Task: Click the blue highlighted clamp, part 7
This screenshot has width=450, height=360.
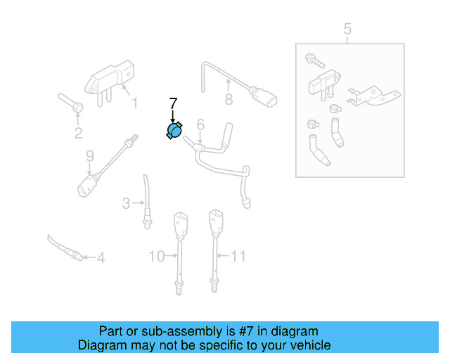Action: [174, 131]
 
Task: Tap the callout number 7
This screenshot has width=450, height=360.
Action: [173, 103]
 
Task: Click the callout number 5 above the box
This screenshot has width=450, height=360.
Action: [347, 29]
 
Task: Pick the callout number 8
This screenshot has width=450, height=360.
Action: [229, 100]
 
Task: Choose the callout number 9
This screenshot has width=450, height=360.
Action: [89, 155]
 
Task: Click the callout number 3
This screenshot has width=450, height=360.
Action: [126, 204]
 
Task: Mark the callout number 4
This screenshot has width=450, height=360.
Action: [101, 259]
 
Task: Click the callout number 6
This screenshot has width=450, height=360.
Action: [200, 125]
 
